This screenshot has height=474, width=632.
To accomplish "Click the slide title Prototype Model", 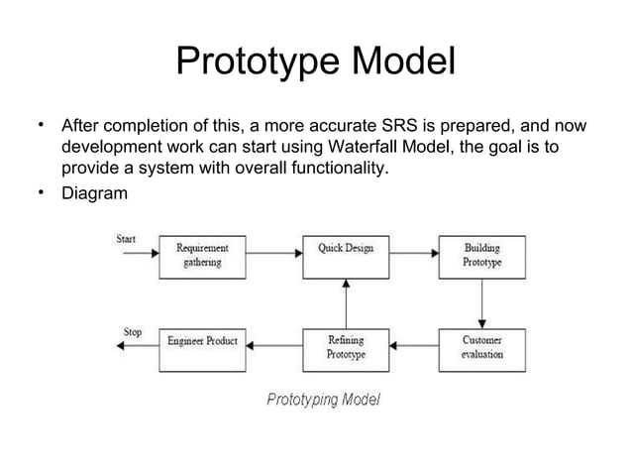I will [x=315, y=61].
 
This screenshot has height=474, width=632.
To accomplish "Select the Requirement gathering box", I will [x=201, y=256].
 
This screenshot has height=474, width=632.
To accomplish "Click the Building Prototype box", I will [x=481, y=256].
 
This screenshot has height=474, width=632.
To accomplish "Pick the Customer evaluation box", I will [x=481, y=348].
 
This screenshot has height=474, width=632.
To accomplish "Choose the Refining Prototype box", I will [x=345, y=348].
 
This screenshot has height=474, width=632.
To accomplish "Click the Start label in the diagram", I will [x=127, y=239].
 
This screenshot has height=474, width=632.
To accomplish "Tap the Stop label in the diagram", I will [x=131, y=331].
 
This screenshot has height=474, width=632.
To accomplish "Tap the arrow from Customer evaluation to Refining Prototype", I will [x=413, y=347].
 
